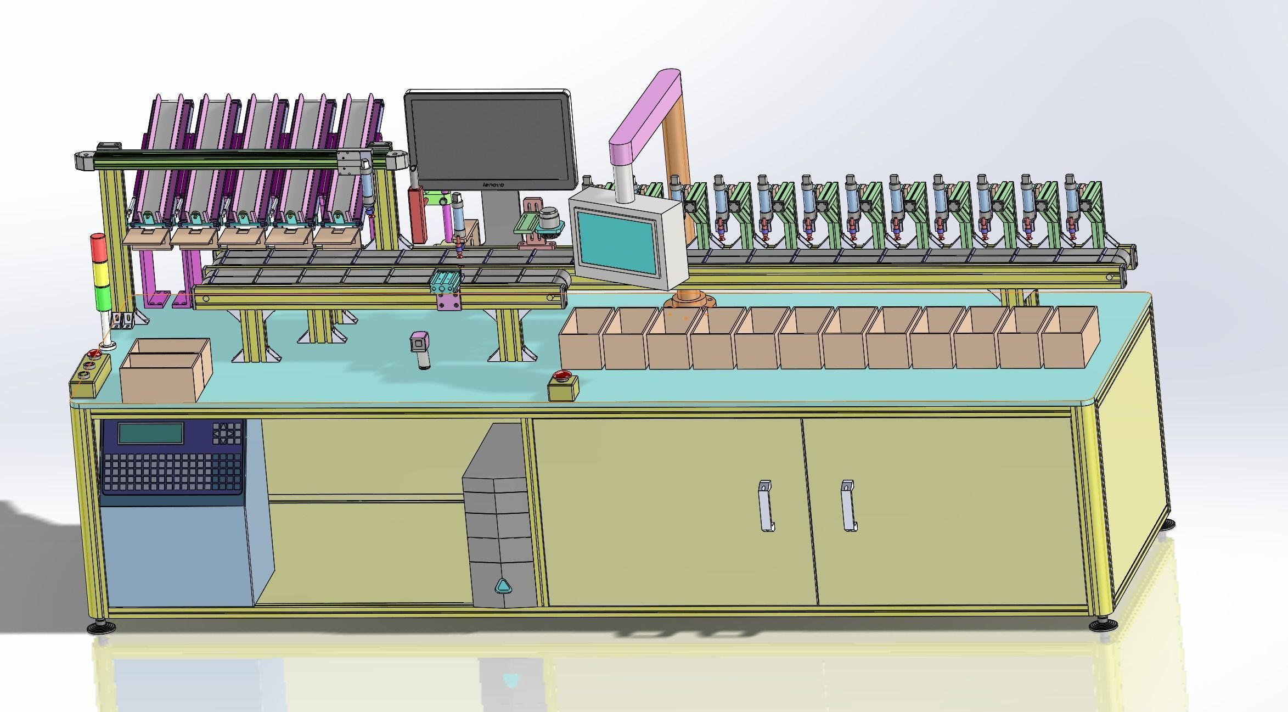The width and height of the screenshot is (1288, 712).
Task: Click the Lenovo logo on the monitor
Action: point(493,185)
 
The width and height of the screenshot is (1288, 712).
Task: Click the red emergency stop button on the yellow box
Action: point(562,375)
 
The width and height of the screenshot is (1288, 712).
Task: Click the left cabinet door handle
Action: point(766,506)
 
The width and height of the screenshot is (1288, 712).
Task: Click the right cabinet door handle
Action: point(848,506)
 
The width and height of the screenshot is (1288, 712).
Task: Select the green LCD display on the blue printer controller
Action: point(151,433)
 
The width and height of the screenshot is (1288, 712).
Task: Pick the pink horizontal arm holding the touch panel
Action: point(645,113)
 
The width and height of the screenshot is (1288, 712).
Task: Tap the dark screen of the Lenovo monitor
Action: point(488,137)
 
